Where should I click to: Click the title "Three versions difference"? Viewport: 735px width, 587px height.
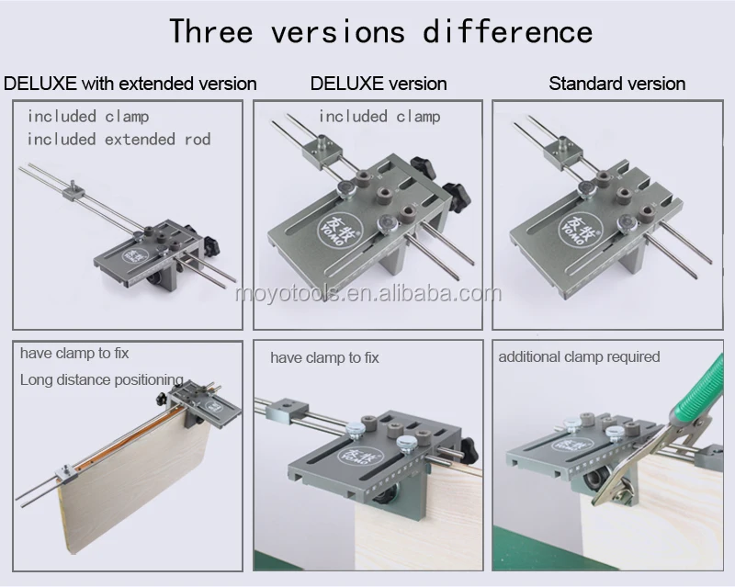point(380,31)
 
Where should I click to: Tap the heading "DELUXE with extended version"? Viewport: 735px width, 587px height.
point(130,84)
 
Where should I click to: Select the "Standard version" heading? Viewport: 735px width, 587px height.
point(616,84)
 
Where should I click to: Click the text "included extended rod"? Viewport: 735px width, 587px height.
point(119,140)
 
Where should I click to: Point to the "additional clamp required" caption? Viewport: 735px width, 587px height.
point(579,356)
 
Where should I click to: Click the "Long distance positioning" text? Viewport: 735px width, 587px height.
point(102,379)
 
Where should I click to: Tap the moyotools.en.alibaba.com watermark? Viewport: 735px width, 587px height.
point(368,294)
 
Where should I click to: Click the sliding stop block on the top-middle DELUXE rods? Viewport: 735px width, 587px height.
point(322,150)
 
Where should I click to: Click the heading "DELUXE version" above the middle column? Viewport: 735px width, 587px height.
point(379,84)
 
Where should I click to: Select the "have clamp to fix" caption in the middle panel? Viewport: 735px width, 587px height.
point(324,357)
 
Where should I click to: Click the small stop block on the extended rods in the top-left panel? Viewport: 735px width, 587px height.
point(73,191)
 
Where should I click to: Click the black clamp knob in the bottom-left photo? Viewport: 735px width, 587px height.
point(163,399)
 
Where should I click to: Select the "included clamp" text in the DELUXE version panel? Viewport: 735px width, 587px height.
point(379,117)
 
